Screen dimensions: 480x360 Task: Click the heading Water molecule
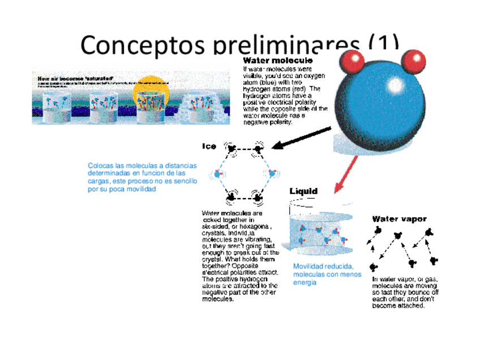point(277,59)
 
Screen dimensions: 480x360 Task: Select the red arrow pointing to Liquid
point(346,173)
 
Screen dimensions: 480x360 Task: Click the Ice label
point(209,146)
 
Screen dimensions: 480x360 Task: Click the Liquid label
point(303,191)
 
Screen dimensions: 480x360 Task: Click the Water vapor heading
point(399,219)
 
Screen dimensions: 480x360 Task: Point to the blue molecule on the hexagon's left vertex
point(217,174)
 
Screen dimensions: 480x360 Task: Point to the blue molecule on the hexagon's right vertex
point(272,173)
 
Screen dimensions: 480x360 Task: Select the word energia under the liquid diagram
point(305,282)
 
